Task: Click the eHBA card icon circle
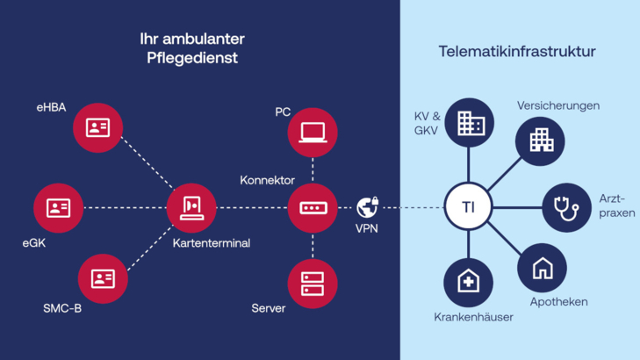click(x=97, y=127)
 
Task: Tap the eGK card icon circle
click(x=58, y=208)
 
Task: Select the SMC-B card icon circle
click(x=103, y=278)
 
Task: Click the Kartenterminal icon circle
click(x=191, y=208)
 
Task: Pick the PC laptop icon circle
click(x=313, y=133)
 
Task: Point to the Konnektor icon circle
click(x=313, y=208)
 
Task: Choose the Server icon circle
click(x=313, y=284)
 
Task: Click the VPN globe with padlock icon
click(x=368, y=207)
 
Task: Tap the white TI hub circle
click(x=469, y=208)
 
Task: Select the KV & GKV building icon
click(x=470, y=123)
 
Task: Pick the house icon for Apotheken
click(x=542, y=268)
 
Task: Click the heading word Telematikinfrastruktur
click(x=517, y=52)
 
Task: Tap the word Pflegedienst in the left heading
click(x=191, y=59)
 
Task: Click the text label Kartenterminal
click(x=211, y=243)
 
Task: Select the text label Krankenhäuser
click(x=473, y=316)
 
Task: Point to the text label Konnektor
click(x=267, y=180)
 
